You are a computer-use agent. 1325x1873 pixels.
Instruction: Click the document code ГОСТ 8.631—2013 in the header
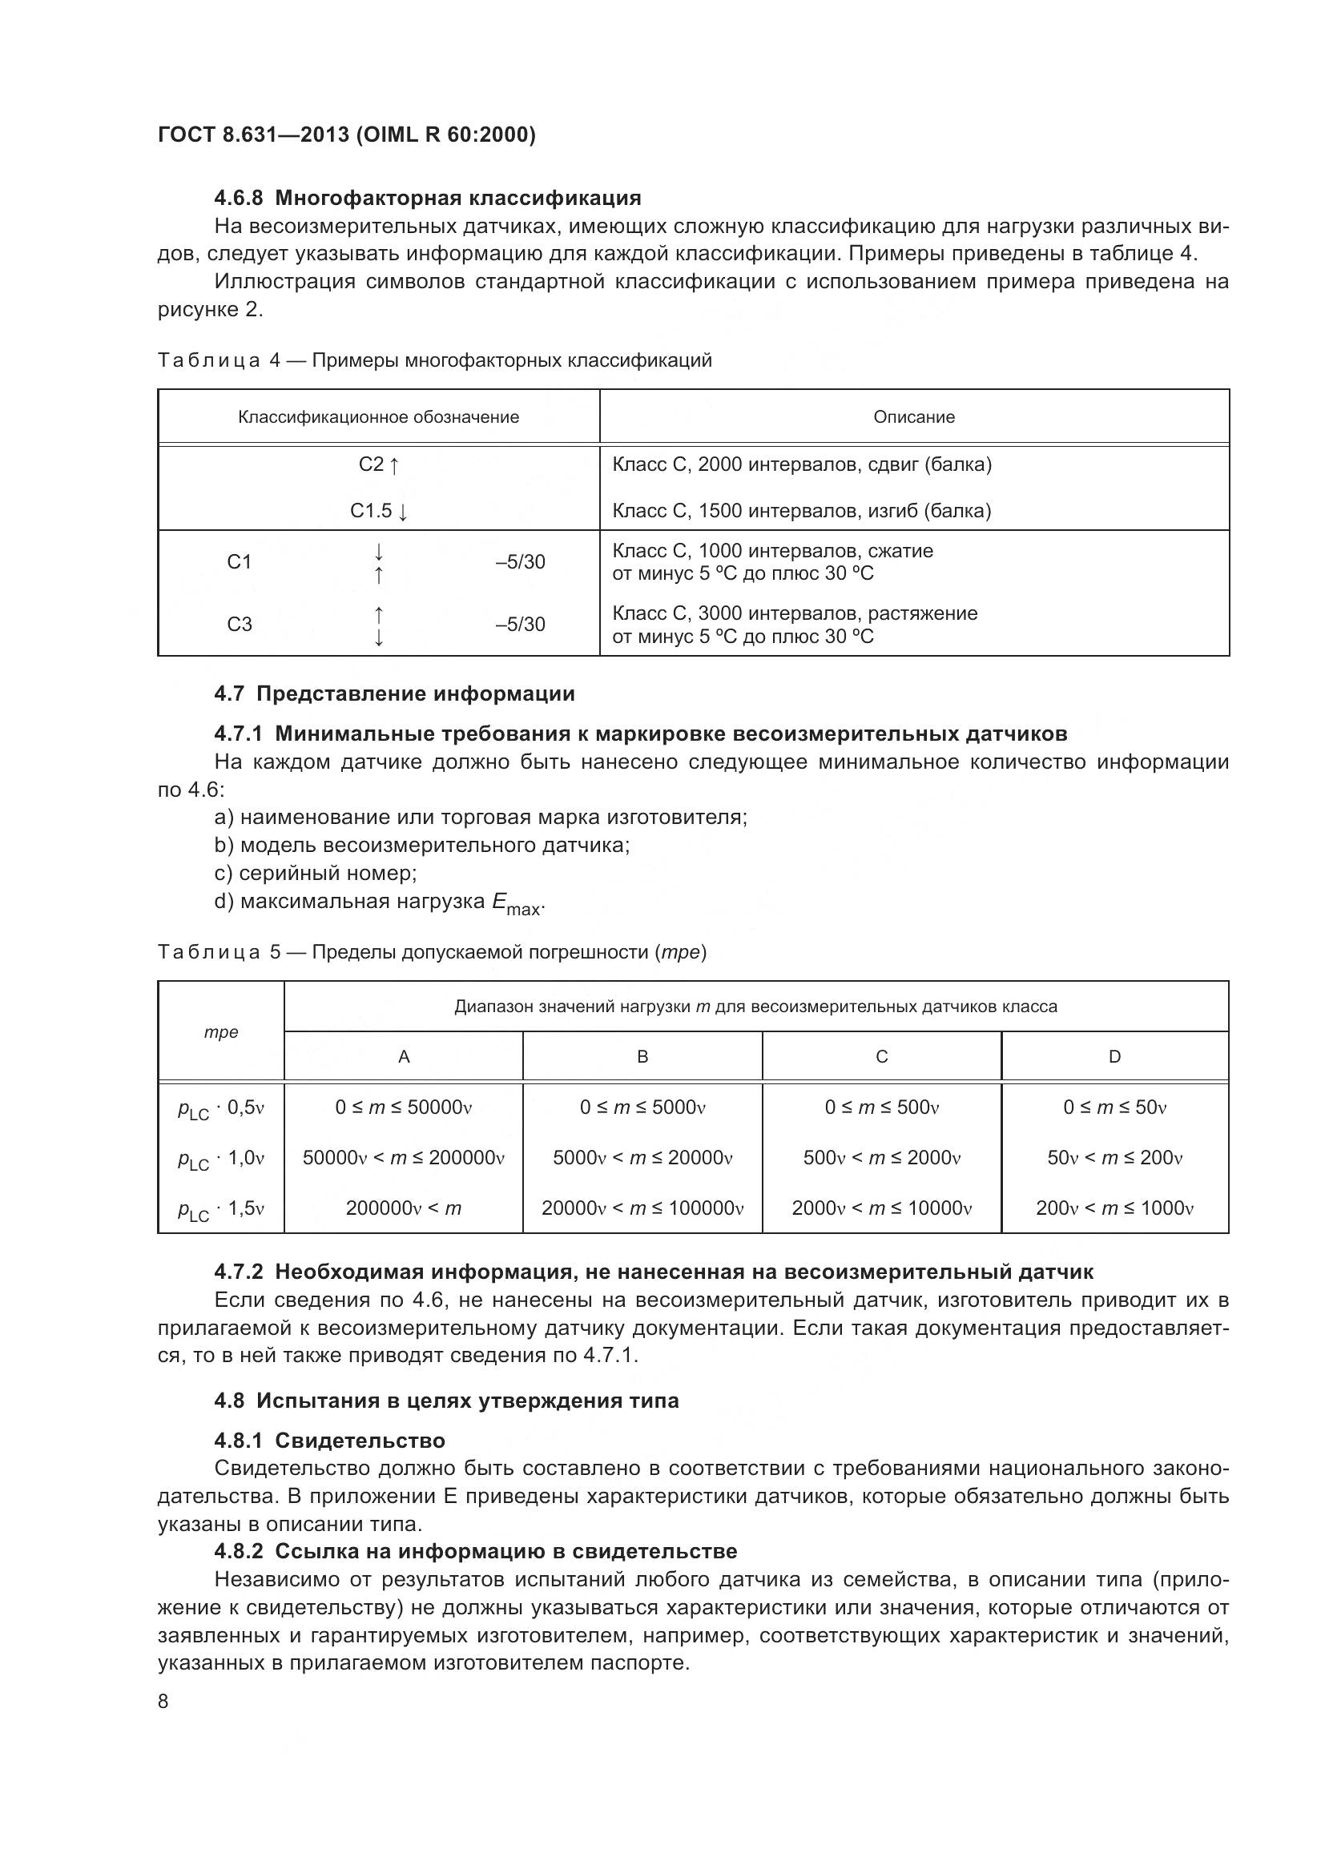click(253, 135)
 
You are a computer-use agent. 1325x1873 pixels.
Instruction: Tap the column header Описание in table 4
click(914, 417)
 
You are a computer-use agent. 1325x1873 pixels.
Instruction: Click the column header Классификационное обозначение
click(379, 417)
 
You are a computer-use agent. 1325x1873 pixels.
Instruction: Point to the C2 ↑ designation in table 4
click(379, 465)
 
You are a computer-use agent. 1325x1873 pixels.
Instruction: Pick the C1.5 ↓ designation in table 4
click(379, 512)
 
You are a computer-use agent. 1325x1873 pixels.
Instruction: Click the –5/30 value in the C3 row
click(520, 625)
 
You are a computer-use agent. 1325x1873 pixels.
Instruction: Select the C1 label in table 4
click(239, 562)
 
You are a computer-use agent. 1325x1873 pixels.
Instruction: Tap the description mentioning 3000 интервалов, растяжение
click(795, 613)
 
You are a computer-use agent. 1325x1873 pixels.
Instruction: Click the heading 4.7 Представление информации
click(394, 694)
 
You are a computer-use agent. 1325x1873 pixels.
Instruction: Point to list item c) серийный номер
click(315, 874)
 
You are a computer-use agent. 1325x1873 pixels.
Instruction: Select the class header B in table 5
click(642, 1057)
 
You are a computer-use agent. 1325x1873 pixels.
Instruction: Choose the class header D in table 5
click(1114, 1057)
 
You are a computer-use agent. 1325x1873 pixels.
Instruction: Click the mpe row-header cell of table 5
click(221, 1033)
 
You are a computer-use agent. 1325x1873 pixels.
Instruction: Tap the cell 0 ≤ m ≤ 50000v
click(403, 1107)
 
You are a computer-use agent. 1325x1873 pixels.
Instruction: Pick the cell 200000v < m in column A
click(403, 1208)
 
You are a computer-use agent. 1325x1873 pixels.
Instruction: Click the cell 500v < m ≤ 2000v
click(881, 1159)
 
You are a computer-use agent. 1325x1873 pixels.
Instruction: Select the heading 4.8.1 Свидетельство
click(328, 1441)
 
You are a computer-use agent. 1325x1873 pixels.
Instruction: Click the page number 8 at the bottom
click(163, 1702)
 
